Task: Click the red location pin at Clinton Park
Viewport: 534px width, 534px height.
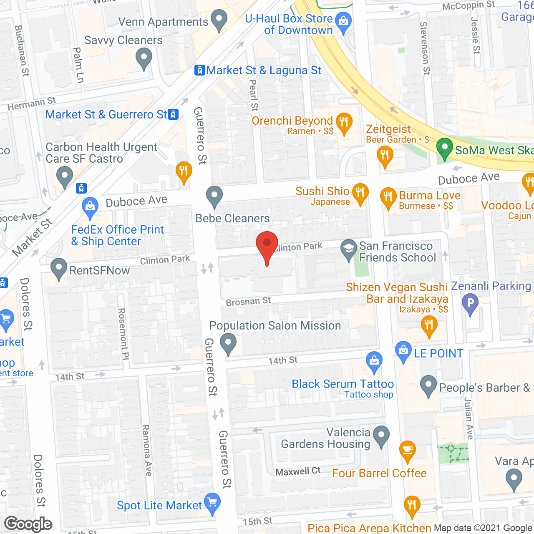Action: pyautogui.click(x=267, y=244)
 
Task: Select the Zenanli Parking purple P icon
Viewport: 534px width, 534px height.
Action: pyautogui.click(x=470, y=303)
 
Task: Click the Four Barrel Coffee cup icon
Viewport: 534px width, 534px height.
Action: pyautogui.click(x=408, y=450)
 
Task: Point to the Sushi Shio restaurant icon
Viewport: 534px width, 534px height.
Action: pyautogui.click(x=360, y=193)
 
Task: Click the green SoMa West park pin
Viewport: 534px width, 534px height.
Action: pyautogui.click(x=445, y=148)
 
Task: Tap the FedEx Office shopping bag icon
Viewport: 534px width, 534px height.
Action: pyautogui.click(x=90, y=207)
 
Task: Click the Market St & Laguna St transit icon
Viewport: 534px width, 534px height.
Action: pyautogui.click(x=200, y=70)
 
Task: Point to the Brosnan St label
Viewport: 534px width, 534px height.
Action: pyautogui.click(x=248, y=301)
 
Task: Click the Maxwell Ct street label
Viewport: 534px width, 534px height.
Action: pyautogui.click(x=298, y=471)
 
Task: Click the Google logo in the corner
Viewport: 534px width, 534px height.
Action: pyautogui.click(x=28, y=524)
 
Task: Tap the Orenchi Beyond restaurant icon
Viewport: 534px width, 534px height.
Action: pyautogui.click(x=344, y=123)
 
